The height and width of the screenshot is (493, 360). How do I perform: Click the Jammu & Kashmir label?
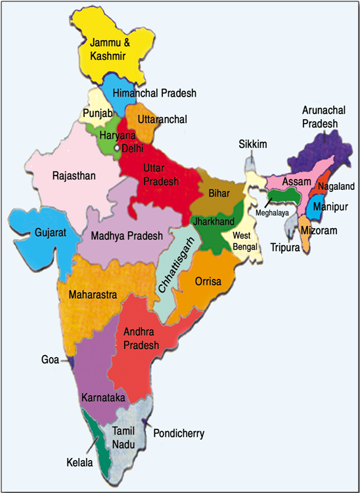(x=108, y=50)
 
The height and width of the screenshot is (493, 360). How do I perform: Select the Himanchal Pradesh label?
(x=154, y=94)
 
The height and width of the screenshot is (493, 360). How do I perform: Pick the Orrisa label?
(x=209, y=281)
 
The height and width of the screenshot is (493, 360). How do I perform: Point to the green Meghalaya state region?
(x=284, y=195)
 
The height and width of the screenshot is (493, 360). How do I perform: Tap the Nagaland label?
(x=334, y=187)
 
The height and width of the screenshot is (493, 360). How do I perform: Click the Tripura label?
(x=284, y=248)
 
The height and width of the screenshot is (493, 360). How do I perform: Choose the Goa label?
(x=50, y=360)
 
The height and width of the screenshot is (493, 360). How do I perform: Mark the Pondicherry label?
(x=179, y=433)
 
